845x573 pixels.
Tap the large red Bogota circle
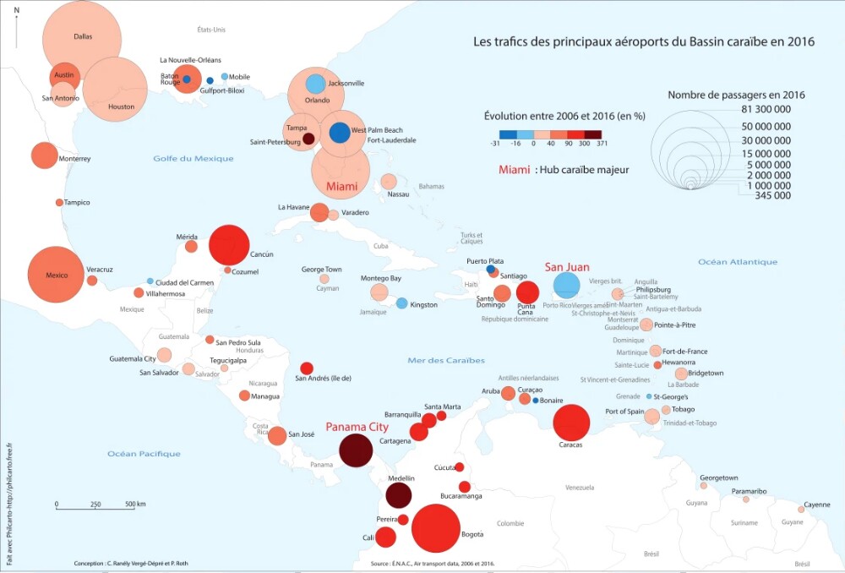[436, 528]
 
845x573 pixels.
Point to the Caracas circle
[571, 423]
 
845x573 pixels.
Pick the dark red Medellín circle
[399, 494]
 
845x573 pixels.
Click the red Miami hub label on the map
[341, 186]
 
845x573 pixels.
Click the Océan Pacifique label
[144, 454]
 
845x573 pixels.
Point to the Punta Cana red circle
[527, 293]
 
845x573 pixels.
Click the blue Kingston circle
[402, 303]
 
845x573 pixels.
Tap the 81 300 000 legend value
[760, 110]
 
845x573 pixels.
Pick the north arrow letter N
[17, 10]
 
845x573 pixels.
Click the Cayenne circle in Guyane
[801, 509]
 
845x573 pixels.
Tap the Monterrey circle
[43, 156]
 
